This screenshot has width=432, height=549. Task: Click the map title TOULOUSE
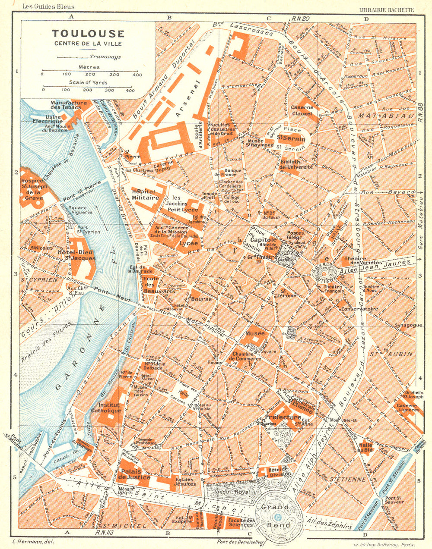pos(88,34)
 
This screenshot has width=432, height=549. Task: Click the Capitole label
pos(260,241)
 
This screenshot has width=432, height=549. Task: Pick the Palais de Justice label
pos(135,474)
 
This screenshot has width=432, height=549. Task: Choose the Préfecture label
pos(283,417)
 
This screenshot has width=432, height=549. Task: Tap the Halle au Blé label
pos(365,447)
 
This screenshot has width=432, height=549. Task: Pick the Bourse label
pos(201,298)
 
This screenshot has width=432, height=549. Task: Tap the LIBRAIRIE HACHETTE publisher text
pos(387,9)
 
